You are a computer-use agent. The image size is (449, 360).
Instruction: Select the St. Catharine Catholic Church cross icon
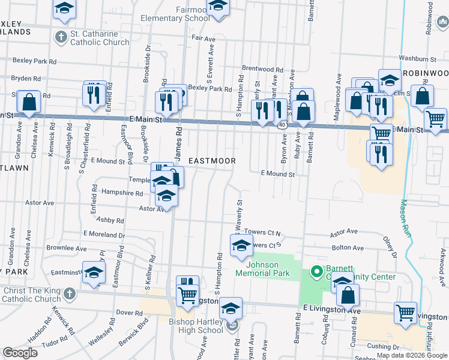(60, 37)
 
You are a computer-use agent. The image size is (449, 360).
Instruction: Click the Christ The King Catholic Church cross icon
(70, 294)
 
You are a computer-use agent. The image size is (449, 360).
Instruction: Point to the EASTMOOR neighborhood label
(212, 161)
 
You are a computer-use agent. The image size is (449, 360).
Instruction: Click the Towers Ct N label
(267, 232)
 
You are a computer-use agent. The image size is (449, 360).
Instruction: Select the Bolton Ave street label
(348, 247)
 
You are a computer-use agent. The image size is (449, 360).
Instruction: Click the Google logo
(20, 353)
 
